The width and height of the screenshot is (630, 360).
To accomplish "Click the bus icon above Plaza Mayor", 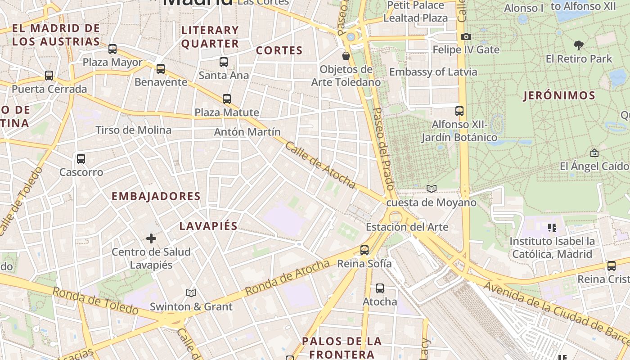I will [112, 49].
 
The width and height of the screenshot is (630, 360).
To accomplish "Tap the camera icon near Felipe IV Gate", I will [466, 36].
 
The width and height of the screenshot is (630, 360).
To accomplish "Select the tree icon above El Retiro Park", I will [579, 45].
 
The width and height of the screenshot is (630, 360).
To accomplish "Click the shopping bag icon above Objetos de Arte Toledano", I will [346, 56].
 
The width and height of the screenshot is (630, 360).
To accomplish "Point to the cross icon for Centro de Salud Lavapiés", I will [151, 238].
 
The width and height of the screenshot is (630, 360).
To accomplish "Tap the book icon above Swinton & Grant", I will [191, 293].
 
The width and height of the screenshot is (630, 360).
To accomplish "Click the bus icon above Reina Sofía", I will [364, 250].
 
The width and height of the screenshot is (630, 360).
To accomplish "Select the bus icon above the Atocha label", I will [380, 288].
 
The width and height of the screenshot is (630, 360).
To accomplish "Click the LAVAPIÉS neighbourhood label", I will [208, 226].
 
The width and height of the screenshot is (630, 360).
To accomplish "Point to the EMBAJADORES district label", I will [156, 196].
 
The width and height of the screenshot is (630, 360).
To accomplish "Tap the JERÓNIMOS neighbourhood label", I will [559, 95].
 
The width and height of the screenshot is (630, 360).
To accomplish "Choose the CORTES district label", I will [279, 50].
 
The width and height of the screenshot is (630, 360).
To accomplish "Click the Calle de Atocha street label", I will [320, 165].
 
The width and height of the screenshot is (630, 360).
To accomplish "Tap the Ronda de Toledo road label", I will [95, 301].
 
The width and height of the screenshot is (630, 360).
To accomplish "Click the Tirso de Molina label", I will [133, 130].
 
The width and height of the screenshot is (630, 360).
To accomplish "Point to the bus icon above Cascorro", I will [81, 159].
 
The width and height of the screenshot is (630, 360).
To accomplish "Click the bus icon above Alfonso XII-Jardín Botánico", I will [459, 111].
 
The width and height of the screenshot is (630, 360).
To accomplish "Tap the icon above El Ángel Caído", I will [594, 153].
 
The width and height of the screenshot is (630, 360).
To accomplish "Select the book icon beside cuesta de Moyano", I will [432, 189].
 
